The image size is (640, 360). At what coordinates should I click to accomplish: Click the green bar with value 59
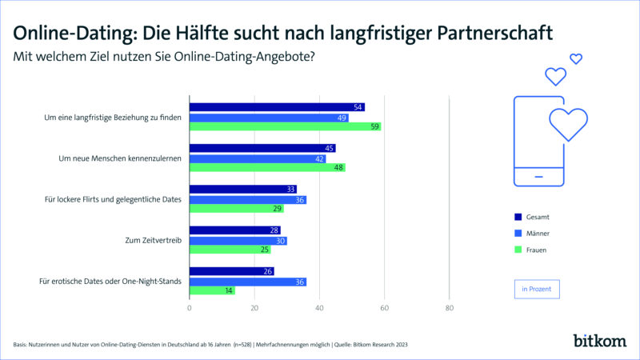pos(285,126)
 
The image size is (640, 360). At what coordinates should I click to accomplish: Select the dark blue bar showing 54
pos(277,107)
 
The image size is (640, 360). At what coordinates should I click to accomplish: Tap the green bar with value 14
pos(212,290)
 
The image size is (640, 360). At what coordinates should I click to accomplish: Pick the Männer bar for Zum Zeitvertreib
pos(238,240)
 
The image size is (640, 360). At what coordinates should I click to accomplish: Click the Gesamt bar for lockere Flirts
pos(242,190)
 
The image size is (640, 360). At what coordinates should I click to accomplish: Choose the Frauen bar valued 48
pos(267,168)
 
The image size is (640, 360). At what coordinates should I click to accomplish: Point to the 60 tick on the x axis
pos(384,307)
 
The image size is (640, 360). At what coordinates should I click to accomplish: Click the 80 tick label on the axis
pos(449,307)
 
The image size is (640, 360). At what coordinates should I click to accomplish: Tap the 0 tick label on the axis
pos(190,307)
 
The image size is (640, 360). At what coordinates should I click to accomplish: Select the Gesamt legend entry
pos(531,217)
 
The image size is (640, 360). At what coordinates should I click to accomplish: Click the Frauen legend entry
pos(531,250)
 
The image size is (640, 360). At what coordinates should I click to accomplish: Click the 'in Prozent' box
pos(536,288)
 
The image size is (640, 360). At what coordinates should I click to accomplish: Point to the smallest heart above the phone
pos(575,58)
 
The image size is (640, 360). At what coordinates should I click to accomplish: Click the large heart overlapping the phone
pos(569,123)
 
